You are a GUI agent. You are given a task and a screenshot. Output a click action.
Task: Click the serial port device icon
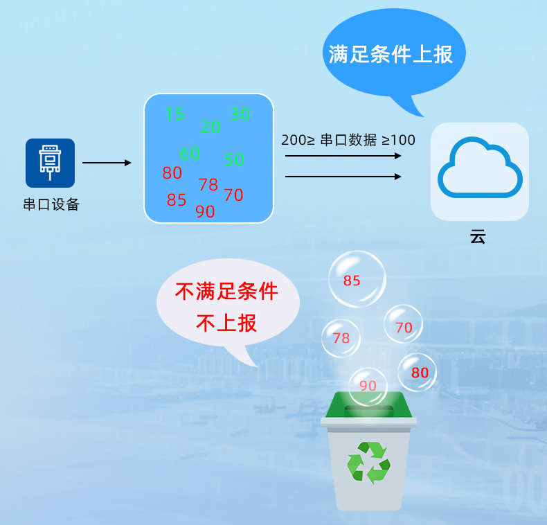(50, 163)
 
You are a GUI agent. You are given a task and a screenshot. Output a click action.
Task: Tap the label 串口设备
(51, 204)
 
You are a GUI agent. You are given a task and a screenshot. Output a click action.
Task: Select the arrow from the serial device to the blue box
(106, 163)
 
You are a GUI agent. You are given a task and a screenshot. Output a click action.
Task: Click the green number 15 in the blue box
(174, 114)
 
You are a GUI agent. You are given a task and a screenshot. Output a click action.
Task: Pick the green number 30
(240, 114)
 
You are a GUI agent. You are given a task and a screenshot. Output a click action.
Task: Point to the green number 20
(210, 127)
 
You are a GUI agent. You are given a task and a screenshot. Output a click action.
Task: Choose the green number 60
(189, 153)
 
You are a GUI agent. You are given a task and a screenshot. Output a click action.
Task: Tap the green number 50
(234, 160)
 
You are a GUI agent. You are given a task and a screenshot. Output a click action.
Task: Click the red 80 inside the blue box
(172, 172)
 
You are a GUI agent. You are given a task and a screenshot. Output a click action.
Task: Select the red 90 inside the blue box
(205, 212)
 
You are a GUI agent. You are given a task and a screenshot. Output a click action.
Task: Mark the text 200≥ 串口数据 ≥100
(348, 140)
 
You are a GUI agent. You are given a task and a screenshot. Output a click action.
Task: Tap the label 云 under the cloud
(478, 236)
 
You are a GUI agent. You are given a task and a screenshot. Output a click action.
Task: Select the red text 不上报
(226, 323)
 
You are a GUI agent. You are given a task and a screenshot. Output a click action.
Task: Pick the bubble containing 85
(356, 279)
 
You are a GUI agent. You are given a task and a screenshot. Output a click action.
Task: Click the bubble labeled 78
(341, 338)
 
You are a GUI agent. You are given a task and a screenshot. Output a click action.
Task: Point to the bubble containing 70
(403, 325)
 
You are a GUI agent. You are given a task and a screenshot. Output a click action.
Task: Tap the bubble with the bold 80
(418, 373)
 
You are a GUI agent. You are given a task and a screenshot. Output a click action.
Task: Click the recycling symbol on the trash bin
(369, 461)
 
